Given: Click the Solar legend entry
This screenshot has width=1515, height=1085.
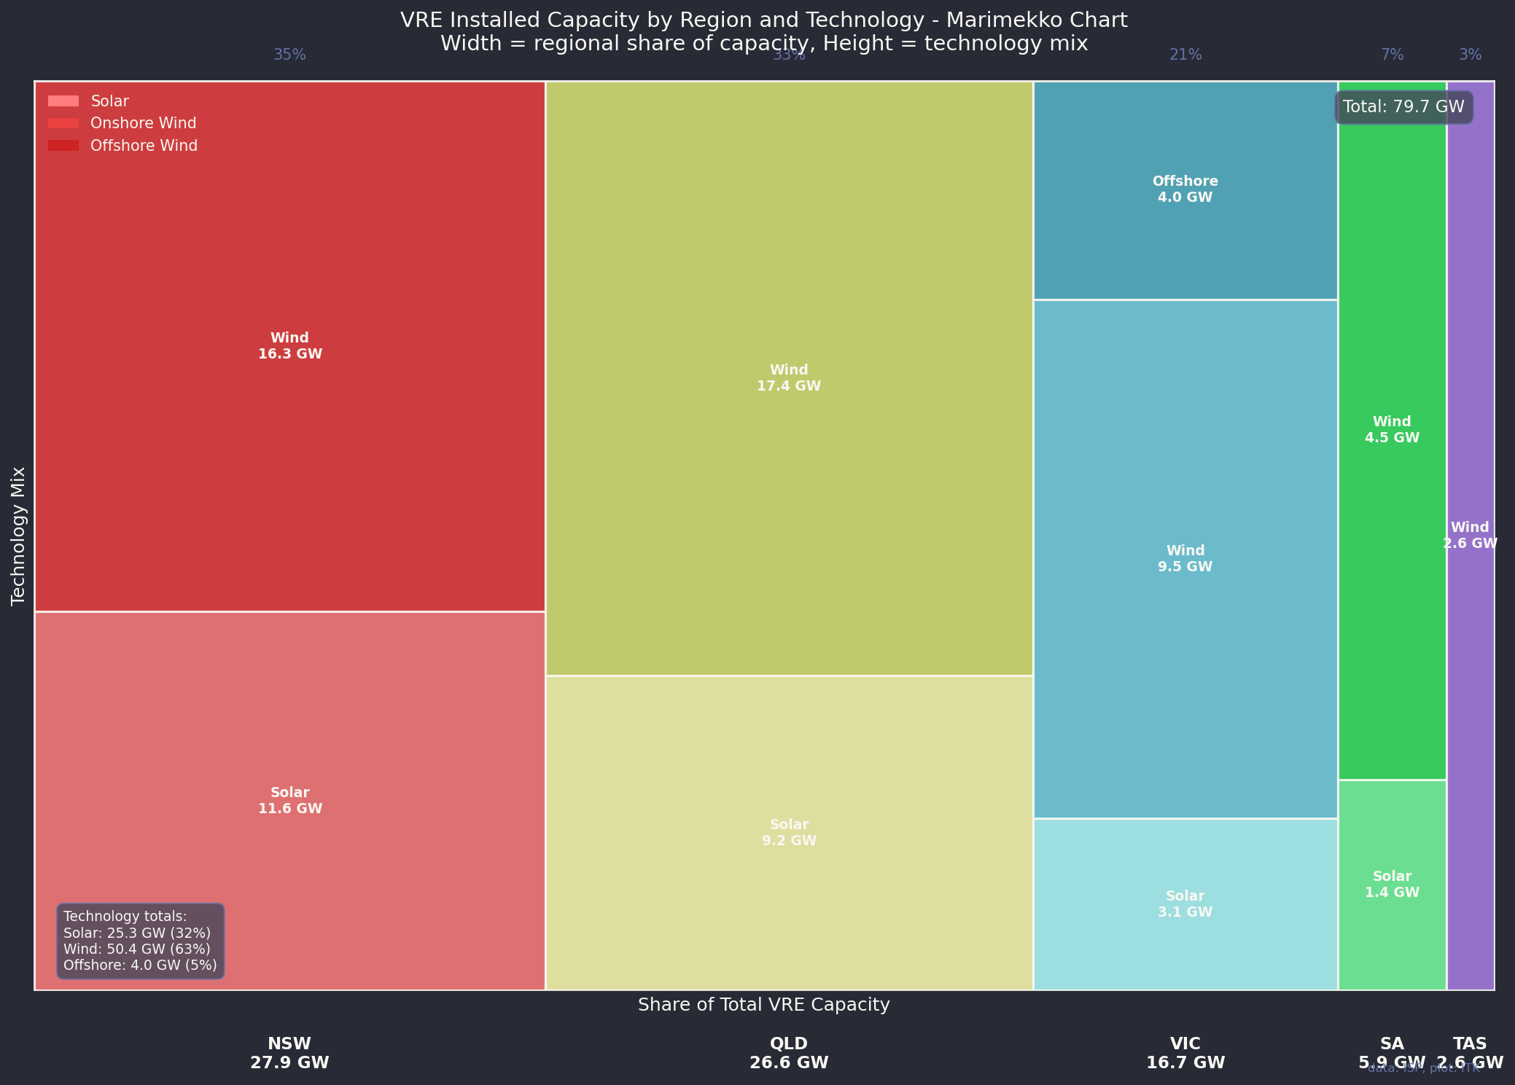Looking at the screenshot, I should (109, 101).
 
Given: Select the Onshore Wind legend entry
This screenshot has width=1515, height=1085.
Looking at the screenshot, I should (143, 124).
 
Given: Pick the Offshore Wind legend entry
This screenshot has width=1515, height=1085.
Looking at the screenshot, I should (144, 146).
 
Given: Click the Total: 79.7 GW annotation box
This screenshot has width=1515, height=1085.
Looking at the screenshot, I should (1403, 107).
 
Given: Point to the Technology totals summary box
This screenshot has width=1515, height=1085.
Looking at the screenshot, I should (140, 941).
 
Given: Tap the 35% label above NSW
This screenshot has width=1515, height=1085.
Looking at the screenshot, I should (289, 55).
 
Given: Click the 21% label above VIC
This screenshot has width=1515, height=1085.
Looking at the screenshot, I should (1185, 55).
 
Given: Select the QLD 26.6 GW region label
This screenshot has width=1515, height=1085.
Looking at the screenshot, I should (789, 1053).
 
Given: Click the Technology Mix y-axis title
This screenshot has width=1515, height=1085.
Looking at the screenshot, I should (19, 536).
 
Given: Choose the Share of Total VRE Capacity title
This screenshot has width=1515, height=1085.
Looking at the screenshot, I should (763, 1005).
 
